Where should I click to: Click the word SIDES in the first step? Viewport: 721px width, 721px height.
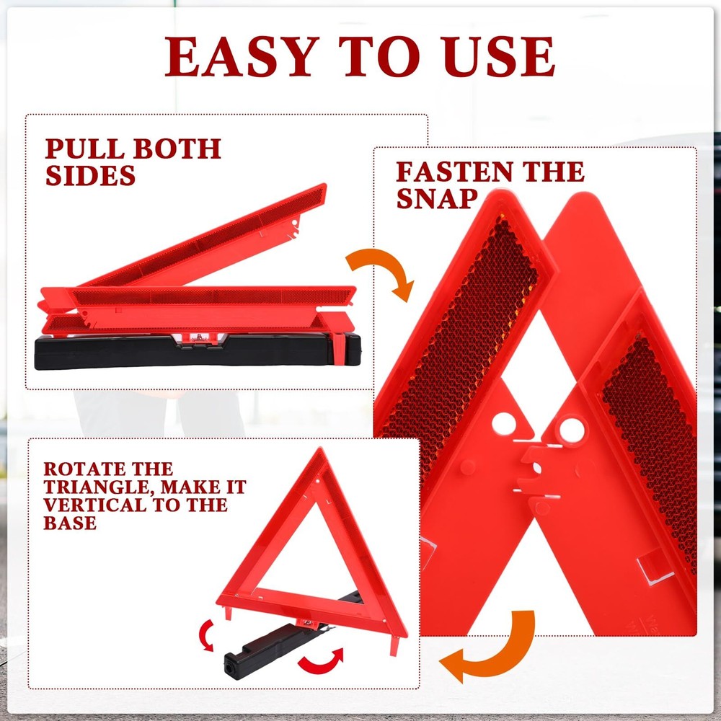[91, 175]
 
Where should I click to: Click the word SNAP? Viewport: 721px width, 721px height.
[437, 199]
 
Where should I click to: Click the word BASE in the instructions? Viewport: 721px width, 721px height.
[70, 523]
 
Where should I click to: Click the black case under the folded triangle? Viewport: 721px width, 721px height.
[195, 353]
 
